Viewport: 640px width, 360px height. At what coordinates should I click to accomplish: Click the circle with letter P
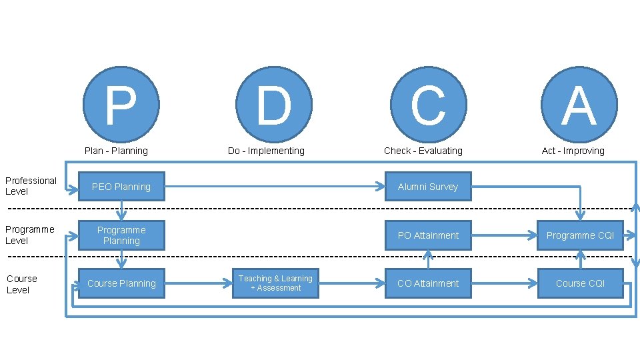[121, 105]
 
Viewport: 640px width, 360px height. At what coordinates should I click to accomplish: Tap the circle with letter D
[274, 105]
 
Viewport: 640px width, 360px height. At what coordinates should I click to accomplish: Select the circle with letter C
[428, 105]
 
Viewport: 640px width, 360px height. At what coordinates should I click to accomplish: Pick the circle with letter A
[579, 105]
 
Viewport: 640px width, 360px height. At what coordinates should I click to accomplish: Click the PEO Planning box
[121, 187]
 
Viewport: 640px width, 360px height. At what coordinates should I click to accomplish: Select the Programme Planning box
[121, 235]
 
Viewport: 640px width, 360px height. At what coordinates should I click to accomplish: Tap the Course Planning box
[121, 283]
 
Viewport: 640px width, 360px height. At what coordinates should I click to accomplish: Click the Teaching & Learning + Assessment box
[275, 283]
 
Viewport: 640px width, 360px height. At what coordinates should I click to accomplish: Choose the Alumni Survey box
[428, 187]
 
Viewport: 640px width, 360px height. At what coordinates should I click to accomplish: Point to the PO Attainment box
[428, 235]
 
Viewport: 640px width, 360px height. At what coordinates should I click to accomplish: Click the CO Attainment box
[428, 283]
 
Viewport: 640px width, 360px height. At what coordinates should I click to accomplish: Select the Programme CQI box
[580, 235]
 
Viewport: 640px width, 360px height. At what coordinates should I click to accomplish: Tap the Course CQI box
[580, 283]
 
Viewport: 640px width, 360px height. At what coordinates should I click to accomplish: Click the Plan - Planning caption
[116, 151]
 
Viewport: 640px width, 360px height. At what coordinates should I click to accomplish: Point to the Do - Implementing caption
[266, 151]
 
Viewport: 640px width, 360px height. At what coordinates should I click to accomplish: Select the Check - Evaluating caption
[423, 151]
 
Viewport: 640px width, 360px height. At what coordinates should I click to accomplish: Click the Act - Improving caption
[573, 151]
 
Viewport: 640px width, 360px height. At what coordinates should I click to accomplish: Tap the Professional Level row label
[31, 186]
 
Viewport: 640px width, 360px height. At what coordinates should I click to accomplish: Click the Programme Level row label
[29, 235]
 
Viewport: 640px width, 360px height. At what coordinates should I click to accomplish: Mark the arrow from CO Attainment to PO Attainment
[428, 259]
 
